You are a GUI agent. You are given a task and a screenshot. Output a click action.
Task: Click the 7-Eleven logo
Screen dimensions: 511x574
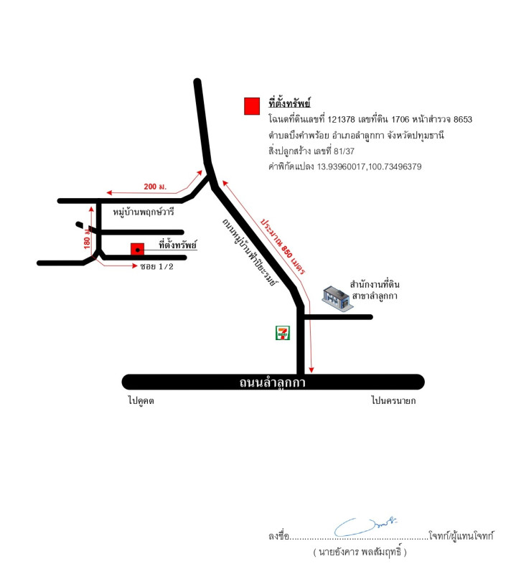283,333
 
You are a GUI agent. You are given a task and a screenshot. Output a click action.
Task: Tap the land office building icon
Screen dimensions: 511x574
337,298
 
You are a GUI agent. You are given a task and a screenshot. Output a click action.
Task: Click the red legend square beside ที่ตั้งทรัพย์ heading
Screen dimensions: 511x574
252,106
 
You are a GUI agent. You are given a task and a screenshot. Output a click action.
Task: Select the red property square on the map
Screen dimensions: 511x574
137,249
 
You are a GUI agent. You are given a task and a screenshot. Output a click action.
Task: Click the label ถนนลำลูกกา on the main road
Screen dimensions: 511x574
272,382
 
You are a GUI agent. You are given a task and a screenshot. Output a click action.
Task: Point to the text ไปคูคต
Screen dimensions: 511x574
141,400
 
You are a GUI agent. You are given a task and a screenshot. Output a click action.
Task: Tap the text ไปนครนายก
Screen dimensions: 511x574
393,400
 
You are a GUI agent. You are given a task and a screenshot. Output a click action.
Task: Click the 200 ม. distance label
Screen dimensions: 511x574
155,187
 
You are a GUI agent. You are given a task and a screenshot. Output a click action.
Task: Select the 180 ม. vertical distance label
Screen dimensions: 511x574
87,238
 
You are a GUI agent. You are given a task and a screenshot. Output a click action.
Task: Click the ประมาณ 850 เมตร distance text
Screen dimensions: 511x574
283,246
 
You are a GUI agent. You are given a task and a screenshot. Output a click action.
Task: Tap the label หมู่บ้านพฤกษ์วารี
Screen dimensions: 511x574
143,212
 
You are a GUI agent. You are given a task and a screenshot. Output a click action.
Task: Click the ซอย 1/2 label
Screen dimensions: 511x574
156,266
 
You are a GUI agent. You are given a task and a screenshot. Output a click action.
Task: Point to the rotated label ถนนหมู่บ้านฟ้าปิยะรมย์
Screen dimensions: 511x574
250,252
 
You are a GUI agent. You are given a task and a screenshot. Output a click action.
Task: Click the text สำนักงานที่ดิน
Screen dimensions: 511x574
375,284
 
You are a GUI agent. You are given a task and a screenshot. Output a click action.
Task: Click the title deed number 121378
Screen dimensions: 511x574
341,119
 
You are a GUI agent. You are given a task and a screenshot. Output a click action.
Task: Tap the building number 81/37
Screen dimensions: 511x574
344,151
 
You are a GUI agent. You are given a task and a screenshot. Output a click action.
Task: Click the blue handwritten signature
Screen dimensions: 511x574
365,527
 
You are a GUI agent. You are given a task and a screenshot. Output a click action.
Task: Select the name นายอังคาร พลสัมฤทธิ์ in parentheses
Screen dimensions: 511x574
360,552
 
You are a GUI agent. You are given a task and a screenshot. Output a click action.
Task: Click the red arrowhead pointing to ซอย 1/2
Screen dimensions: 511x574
135,265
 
